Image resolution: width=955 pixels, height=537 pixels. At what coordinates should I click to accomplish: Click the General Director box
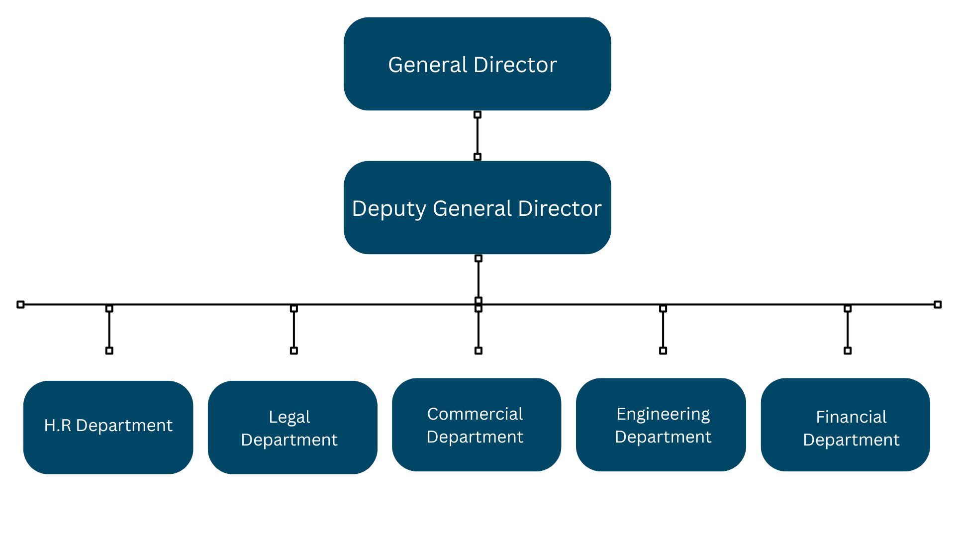click(x=477, y=64)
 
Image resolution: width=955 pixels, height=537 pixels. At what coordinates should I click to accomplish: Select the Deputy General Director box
click(x=477, y=207)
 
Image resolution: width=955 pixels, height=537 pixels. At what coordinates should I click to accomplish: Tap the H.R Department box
click(x=108, y=427)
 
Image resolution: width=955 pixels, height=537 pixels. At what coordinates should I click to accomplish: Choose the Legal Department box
click(x=292, y=427)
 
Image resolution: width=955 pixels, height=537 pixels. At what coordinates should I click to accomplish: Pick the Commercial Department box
click(x=477, y=425)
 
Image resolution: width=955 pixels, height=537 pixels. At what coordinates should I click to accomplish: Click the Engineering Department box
click(x=661, y=425)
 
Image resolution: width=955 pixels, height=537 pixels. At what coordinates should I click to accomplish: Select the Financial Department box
click(x=845, y=425)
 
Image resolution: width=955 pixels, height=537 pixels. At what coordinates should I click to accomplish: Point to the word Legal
click(x=289, y=417)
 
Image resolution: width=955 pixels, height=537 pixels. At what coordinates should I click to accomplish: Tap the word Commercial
click(x=475, y=414)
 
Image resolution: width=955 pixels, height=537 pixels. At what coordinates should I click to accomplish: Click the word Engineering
click(x=663, y=414)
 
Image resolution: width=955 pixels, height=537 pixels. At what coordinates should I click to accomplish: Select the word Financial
click(x=851, y=417)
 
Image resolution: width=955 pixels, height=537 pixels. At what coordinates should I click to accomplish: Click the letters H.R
click(x=58, y=426)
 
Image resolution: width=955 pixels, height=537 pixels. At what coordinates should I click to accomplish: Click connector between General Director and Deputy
click(x=477, y=136)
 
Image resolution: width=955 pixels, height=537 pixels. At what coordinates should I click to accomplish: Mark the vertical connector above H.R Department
click(x=109, y=329)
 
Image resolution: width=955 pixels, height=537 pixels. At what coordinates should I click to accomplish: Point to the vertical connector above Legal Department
click(x=294, y=329)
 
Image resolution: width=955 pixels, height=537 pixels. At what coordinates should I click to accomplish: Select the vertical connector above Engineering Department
click(x=663, y=329)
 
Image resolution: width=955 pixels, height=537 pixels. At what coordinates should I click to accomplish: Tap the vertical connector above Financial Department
click(x=848, y=329)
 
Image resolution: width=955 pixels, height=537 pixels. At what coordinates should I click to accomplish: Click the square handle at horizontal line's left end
click(x=20, y=304)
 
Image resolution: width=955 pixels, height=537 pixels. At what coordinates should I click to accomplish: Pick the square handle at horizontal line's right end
click(x=938, y=304)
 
